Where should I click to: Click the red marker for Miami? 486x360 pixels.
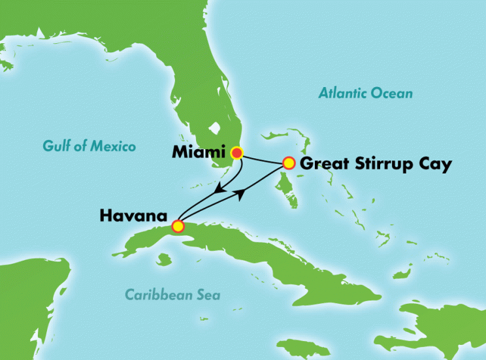(x=236, y=154)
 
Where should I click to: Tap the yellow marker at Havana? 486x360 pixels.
(x=177, y=227)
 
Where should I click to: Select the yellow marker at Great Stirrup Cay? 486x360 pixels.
(x=288, y=163)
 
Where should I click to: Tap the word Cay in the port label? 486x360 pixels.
(x=435, y=165)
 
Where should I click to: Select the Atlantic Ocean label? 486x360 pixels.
(x=365, y=93)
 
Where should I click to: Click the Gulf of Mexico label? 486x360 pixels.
(x=89, y=146)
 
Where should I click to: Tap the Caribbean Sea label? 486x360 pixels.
(x=172, y=295)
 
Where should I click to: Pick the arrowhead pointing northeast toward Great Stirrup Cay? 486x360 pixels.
(x=242, y=191)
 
